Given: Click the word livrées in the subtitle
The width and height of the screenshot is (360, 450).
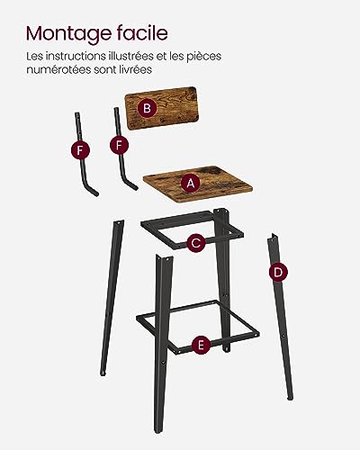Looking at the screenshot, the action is [x=137, y=69].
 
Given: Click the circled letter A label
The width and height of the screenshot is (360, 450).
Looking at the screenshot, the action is [x=191, y=183].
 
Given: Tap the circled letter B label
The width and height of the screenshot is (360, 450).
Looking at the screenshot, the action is [x=147, y=108].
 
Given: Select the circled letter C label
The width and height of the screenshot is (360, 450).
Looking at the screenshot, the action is [x=196, y=243].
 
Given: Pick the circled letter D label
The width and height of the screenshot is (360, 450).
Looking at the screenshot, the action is [x=278, y=273].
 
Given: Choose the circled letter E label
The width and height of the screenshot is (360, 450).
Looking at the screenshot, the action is [x=201, y=345].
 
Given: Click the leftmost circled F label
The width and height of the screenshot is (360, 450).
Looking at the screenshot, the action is [x=80, y=150].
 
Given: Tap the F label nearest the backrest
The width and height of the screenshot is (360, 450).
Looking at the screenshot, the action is [x=119, y=145].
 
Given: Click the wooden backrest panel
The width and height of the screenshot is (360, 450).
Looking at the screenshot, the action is [x=163, y=108].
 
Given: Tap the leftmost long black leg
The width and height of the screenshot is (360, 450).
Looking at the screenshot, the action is [x=112, y=297].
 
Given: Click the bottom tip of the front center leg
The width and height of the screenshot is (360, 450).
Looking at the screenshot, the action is [x=157, y=432].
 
